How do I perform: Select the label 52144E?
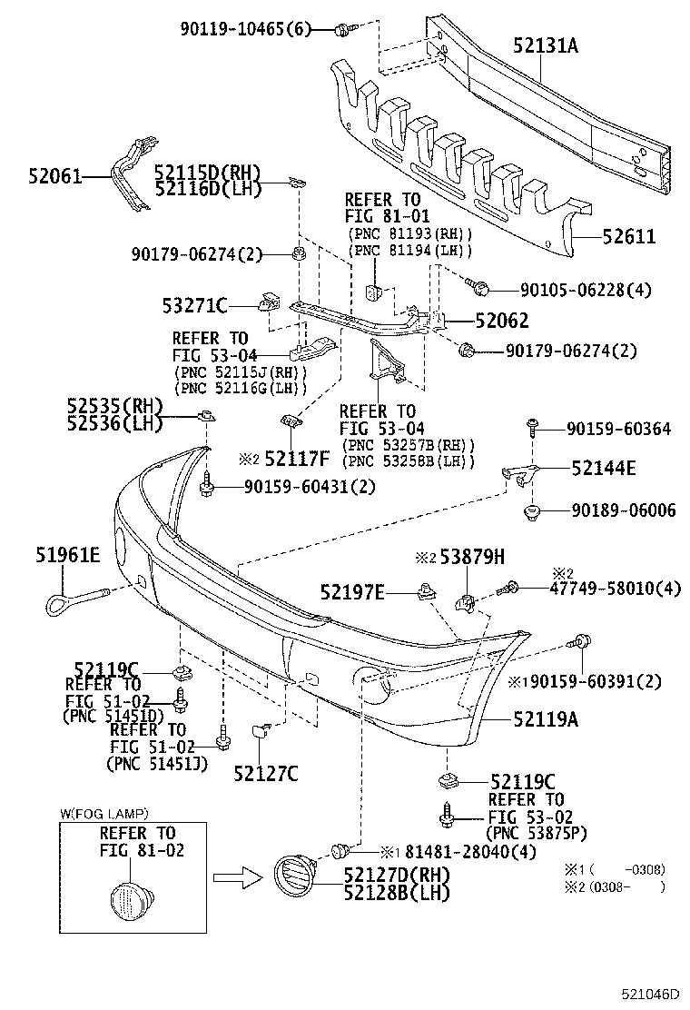point(604,469)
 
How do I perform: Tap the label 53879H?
point(471,558)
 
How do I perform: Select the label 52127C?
point(265,773)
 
